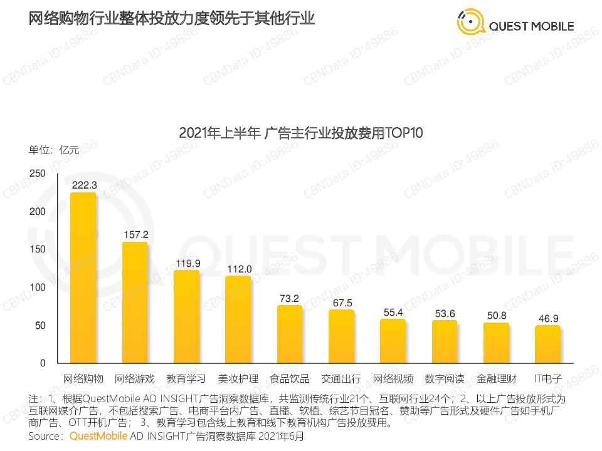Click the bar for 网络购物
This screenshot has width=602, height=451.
pyautogui.click(x=83, y=277)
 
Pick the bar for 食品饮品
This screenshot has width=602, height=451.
pyautogui.click(x=290, y=334)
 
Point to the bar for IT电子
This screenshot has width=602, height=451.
pyautogui.click(x=547, y=345)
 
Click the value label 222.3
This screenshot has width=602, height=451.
pyautogui.click(x=84, y=185)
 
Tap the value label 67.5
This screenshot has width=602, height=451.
pyautogui.click(x=342, y=303)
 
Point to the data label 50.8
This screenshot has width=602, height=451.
pyautogui.click(x=497, y=315)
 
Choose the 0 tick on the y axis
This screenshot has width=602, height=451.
pyautogui.click(x=43, y=363)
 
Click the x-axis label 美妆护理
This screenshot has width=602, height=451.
pyautogui.click(x=238, y=379)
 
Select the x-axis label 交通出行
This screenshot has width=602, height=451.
pyautogui.click(x=341, y=379)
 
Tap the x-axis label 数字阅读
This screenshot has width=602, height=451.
pyautogui.click(x=445, y=379)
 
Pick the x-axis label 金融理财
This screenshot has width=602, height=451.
pyautogui.click(x=496, y=379)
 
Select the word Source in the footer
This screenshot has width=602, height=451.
pyautogui.click(x=45, y=435)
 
